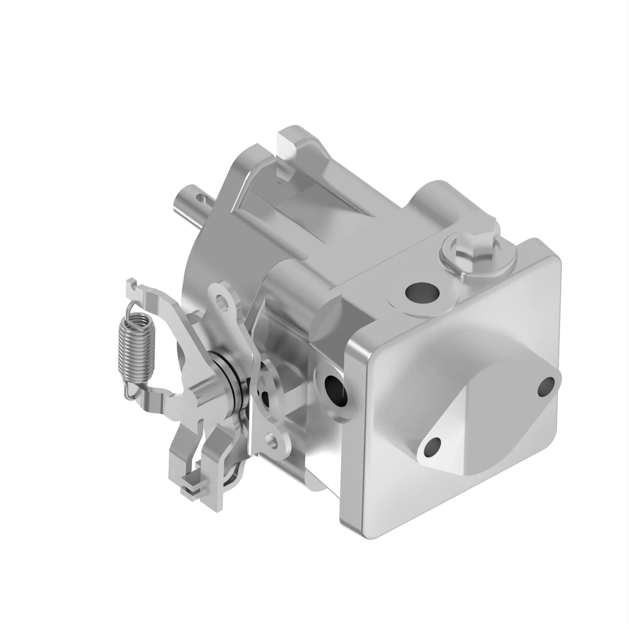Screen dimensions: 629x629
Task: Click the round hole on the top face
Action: (x=422, y=293)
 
